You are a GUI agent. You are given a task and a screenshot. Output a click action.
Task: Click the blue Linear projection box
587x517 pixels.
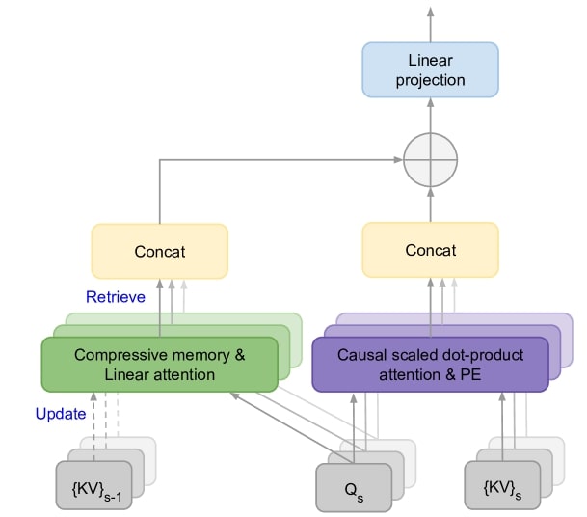click(x=429, y=69)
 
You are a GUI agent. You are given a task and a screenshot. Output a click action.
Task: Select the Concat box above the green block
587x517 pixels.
click(x=159, y=252)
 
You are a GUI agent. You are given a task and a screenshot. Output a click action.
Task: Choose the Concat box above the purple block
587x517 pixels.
click(x=430, y=251)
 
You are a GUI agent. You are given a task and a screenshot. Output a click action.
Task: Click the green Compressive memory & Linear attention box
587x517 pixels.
click(x=159, y=364)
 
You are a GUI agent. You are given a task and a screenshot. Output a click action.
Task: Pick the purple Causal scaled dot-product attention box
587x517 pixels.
click(x=429, y=364)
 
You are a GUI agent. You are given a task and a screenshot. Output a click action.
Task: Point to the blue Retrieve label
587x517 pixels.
click(x=115, y=297)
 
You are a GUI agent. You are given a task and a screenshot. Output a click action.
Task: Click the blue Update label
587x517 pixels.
click(x=61, y=413)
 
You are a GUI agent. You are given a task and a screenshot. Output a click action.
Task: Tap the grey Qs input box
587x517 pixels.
click(x=354, y=487)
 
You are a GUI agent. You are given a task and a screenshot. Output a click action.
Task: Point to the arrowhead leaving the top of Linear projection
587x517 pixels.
click(x=429, y=12)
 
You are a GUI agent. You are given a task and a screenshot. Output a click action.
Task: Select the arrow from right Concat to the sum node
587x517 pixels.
click(x=429, y=204)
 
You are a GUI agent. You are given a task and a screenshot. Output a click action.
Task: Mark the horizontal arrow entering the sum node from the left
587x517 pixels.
click(x=289, y=159)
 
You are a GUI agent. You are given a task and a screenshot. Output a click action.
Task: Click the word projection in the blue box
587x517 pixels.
click(x=429, y=79)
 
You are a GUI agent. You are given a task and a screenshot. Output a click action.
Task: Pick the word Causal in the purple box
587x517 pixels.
click(x=360, y=354)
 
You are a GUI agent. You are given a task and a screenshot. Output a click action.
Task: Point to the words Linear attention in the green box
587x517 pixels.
click(x=160, y=373)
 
